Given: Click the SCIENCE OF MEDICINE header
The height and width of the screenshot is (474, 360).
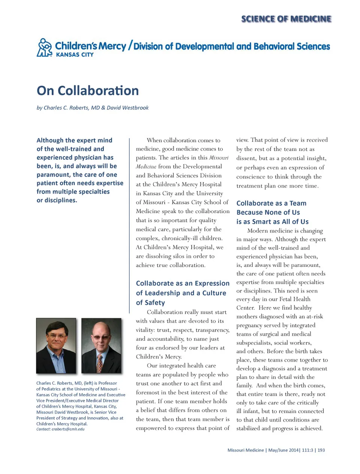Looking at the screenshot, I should [x=286, y=19].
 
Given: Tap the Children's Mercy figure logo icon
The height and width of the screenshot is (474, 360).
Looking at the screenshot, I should [x=45, y=48].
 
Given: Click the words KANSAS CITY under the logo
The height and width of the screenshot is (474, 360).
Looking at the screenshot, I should [x=75, y=55].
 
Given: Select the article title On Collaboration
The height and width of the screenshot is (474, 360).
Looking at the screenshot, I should [x=88, y=91].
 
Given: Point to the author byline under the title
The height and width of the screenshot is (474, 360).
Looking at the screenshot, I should [x=92, y=108].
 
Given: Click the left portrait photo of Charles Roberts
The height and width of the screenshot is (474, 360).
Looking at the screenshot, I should [x=56, y=345].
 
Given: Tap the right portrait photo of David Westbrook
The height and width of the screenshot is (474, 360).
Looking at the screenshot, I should [x=101, y=345].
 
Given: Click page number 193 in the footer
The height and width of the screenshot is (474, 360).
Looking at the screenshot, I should [x=321, y=450].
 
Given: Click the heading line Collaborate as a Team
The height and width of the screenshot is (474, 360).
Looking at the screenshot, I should [x=271, y=203].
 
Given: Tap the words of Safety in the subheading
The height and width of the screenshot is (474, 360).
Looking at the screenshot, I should [x=150, y=302].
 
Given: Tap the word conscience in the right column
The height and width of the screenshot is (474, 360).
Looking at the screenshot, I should [x=250, y=176].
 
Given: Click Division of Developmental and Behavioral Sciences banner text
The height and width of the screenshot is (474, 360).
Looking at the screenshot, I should [x=232, y=46].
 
